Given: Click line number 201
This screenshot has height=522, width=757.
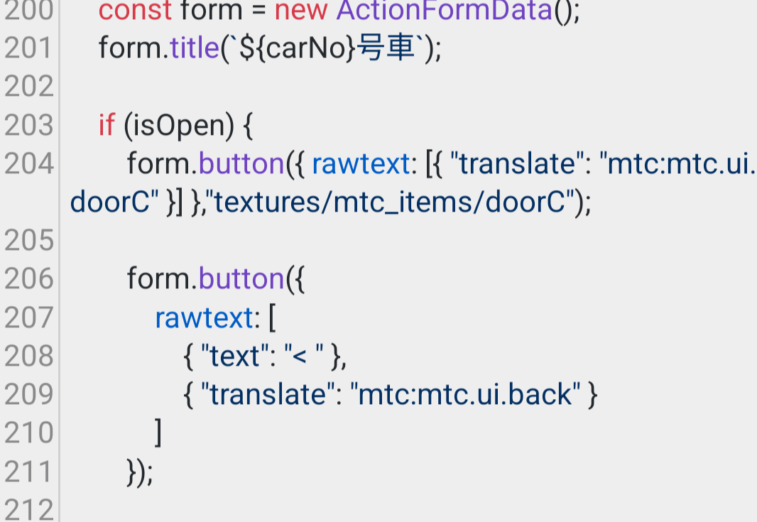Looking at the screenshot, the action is (28, 48).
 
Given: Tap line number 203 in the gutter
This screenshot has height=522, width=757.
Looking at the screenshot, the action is (28, 126).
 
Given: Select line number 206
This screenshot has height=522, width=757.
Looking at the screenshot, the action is (28, 279).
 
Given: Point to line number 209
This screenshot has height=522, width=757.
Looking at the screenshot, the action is (28, 394).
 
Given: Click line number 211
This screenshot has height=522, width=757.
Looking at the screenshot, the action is (28, 472).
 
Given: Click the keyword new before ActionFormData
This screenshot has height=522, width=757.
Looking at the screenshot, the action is (301, 11).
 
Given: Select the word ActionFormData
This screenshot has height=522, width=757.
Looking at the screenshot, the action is (444, 10).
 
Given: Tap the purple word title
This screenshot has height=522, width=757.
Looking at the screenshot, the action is (195, 48).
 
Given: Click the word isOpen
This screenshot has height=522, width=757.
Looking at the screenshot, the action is (178, 126).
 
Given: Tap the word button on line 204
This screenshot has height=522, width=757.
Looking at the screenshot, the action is (241, 163).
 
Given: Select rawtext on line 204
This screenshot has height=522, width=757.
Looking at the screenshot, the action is (361, 163).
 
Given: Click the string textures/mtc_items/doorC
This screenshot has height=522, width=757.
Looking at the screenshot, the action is (389, 202).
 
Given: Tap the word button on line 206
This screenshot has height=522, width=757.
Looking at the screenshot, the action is (241, 278).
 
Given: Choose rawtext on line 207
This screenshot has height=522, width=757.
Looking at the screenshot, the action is (205, 317).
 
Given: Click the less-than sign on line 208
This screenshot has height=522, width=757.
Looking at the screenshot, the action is (300, 357).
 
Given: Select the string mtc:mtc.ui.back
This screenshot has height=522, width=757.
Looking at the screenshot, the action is (464, 394).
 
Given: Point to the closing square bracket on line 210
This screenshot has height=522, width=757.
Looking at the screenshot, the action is (158, 433).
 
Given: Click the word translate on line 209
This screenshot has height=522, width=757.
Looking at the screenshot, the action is (268, 394).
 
